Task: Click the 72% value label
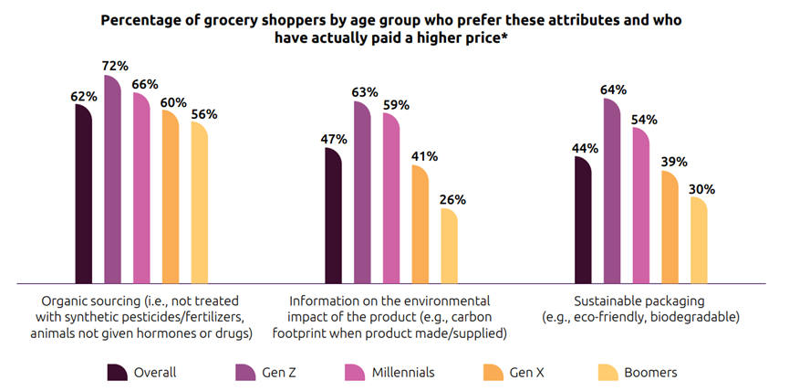coord(113,66)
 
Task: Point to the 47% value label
coord(333,139)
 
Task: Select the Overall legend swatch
coord(117,372)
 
